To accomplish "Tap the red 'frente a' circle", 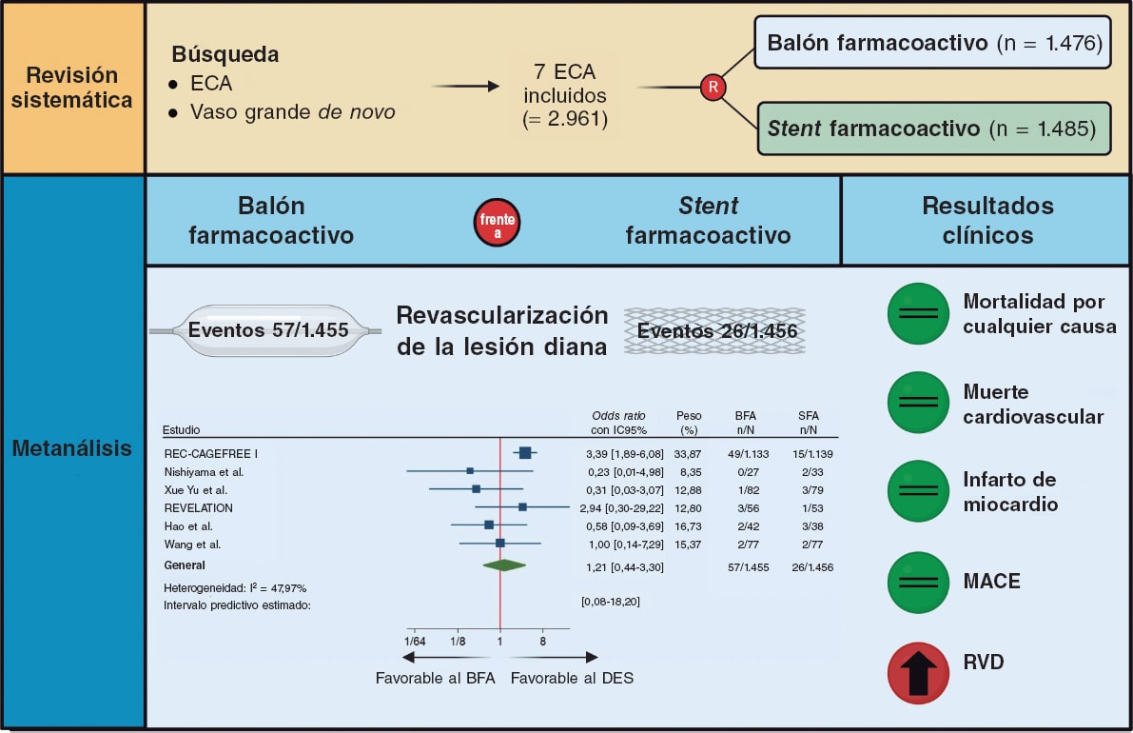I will (x=498, y=221).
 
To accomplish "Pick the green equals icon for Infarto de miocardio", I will (x=918, y=492).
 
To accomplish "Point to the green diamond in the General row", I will (x=504, y=565).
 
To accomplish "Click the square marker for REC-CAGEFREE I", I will (x=524, y=453).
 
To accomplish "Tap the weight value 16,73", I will (x=689, y=526).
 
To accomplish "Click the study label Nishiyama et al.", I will (x=204, y=472).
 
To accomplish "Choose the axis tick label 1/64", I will (x=416, y=643).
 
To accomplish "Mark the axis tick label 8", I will (x=543, y=643).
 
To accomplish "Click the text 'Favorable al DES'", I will (x=572, y=678).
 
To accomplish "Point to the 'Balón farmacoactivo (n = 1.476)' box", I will (x=932, y=43).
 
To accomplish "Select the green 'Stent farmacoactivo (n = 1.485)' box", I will (x=933, y=129).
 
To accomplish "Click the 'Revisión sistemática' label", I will (x=73, y=88).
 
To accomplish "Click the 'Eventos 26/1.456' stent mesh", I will (x=715, y=331).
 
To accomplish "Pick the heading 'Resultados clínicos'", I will (x=987, y=220).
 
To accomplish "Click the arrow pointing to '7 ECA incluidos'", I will (x=465, y=87).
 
